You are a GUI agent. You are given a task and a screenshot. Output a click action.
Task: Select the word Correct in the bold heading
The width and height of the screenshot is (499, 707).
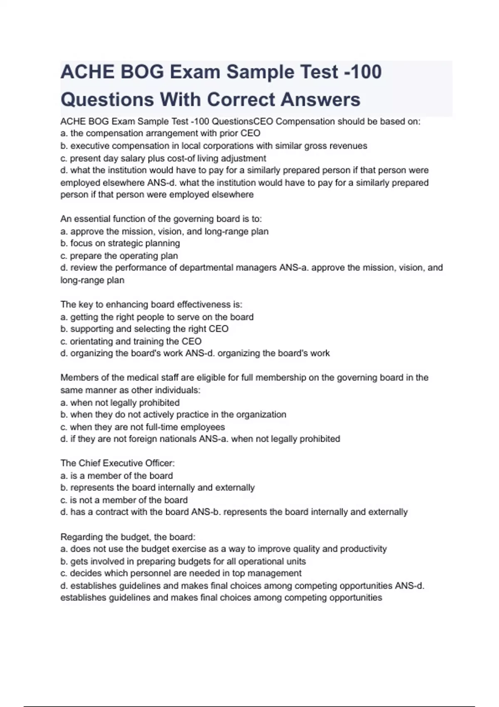coord(241,100)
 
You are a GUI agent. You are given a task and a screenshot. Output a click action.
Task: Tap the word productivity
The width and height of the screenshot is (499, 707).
coord(363,549)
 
